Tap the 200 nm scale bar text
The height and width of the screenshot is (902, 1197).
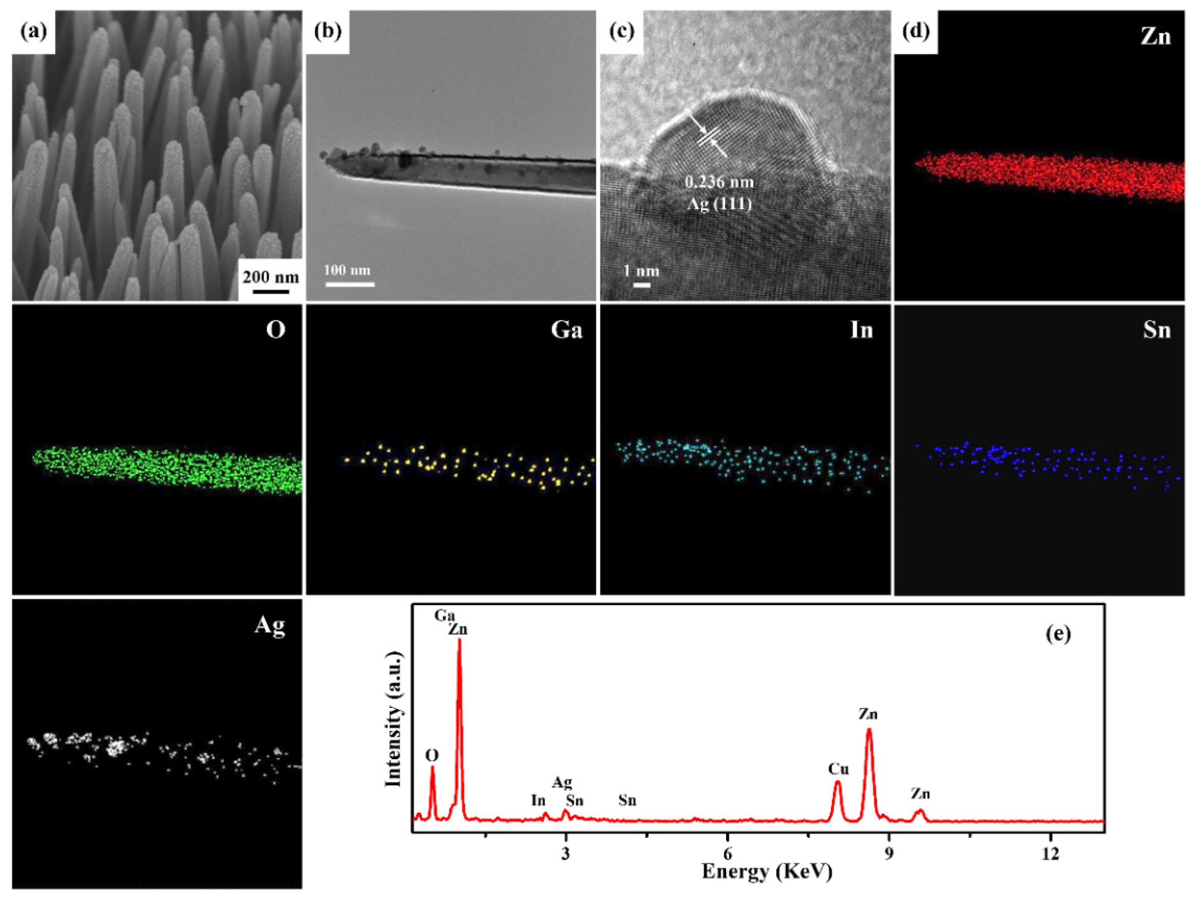pos(270,277)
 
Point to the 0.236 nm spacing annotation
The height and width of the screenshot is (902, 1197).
pos(719,182)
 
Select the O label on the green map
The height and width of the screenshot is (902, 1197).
pos(275,330)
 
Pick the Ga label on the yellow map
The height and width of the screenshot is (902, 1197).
pos(567,330)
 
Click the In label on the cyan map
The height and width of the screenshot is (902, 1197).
pos(861,330)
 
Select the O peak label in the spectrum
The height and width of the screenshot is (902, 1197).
pos(432,755)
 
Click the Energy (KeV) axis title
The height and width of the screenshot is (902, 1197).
pos(767,872)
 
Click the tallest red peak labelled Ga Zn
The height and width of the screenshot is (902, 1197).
pos(460,644)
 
